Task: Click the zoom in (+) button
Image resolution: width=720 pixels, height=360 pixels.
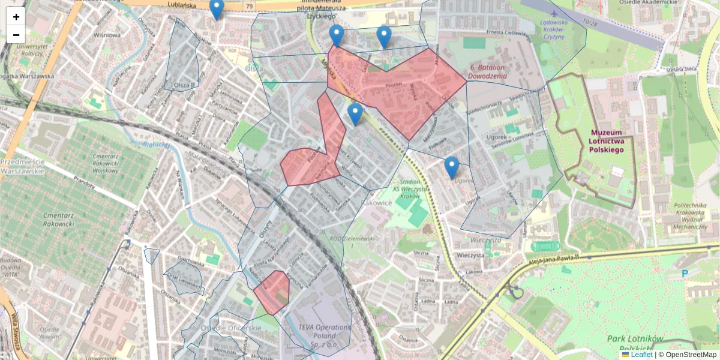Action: coord(16,17)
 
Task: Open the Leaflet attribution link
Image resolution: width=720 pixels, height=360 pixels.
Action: coord(641,355)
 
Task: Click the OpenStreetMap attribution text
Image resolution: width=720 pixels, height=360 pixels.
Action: coord(691,355)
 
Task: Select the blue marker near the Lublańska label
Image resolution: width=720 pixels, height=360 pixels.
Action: coord(217,9)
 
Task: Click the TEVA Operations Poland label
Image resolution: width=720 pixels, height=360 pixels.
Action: coord(325,332)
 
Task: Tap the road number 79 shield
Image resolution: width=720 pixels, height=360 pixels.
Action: coord(248,6)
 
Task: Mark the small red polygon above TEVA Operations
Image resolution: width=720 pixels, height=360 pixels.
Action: coord(272,292)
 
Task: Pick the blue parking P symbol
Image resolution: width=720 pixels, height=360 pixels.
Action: coord(685,274)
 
